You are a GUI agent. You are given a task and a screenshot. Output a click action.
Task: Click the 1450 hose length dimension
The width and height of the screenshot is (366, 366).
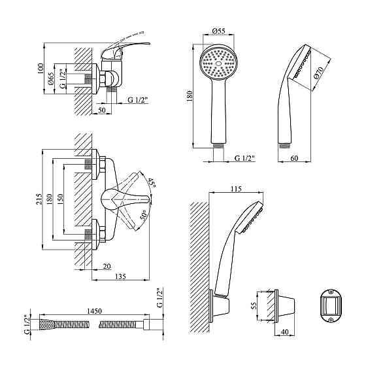pos(94,311)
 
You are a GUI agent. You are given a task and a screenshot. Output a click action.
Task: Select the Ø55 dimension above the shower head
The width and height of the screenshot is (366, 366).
pos(219,31)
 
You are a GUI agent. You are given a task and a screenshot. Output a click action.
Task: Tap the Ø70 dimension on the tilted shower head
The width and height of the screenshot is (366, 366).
pos(319,73)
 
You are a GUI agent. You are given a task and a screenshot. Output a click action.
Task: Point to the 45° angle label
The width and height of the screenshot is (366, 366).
pos(152,183)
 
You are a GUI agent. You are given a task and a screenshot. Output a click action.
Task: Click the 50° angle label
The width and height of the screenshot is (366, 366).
pos(143,215)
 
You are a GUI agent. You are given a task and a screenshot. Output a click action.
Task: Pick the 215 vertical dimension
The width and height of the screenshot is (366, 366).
pos(39,199)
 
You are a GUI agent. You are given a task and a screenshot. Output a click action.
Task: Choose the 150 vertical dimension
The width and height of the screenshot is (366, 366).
pos(60,199)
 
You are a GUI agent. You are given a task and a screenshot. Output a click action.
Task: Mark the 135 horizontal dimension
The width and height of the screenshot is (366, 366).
pos(120,276)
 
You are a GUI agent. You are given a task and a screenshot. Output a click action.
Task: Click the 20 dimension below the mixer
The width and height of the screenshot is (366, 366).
pos(107,266)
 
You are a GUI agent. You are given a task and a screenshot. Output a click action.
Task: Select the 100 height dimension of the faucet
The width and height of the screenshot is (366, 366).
pos(40,69)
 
